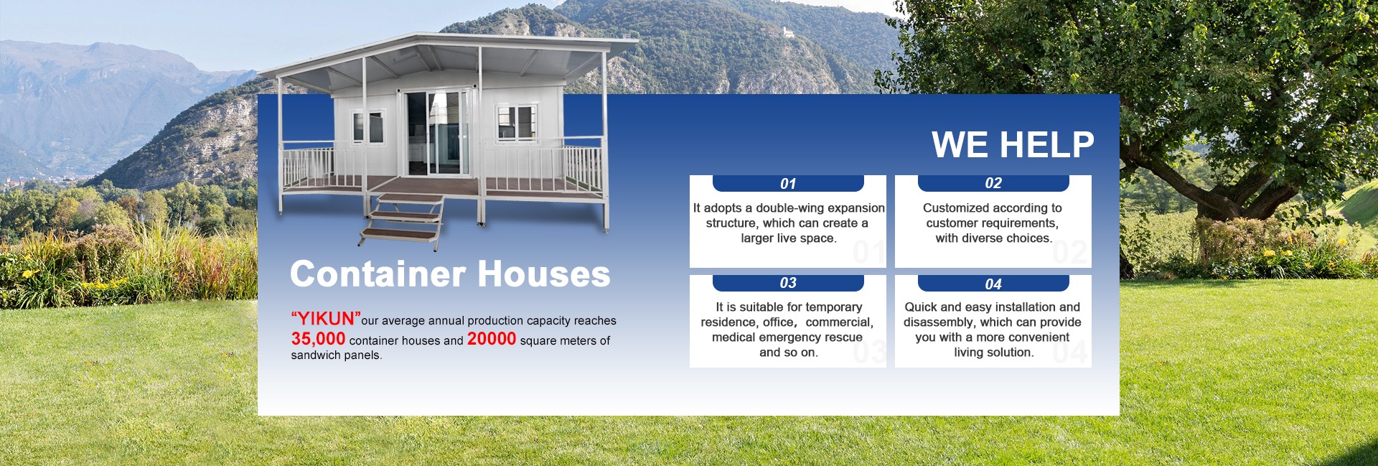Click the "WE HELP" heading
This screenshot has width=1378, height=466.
point(1013,144)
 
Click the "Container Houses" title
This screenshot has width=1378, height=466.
point(450,274)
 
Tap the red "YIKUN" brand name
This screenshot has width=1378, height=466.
point(326,319)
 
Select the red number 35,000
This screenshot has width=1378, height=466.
point(318,339)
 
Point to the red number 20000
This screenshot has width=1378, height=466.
point(492,339)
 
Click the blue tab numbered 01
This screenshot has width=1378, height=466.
point(788,184)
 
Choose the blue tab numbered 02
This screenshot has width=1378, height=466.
point(993,184)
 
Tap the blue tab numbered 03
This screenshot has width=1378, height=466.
point(788,283)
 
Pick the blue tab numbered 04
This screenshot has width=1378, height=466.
point(993,284)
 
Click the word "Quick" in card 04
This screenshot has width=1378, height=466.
point(921,307)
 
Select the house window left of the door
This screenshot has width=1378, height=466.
point(368,127)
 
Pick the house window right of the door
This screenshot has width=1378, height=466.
point(517,122)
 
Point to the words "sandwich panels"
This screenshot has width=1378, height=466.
point(335,355)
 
